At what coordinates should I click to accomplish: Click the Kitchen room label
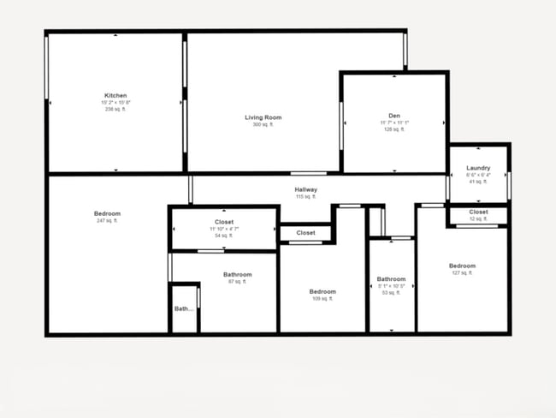(x=115, y=95)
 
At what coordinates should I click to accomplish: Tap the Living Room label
(x=263, y=117)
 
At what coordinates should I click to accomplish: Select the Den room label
(x=394, y=116)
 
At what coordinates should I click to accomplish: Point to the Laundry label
(x=478, y=168)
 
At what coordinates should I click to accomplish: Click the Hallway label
(x=305, y=189)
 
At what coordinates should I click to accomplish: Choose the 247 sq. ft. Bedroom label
(x=107, y=213)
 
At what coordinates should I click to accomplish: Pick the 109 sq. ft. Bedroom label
(x=322, y=292)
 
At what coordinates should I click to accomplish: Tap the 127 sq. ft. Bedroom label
(x=462, y=266)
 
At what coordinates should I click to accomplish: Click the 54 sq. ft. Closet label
(x=224, y=222)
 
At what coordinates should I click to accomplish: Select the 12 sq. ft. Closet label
(x=478, y=212)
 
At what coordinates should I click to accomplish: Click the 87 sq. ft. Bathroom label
(x=237, y=275)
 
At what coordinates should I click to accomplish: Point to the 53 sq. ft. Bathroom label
(x=391, y=279)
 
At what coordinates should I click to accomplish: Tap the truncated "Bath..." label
(x=184, y=309)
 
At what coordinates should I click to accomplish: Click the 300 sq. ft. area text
(x=263, y=125)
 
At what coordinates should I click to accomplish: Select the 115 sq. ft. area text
(x=305, y=197)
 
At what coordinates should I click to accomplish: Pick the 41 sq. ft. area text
(x=478, y=182)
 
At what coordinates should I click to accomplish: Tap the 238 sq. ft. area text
(x=115, y=110)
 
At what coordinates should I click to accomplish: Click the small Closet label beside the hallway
(x=305, y=233)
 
